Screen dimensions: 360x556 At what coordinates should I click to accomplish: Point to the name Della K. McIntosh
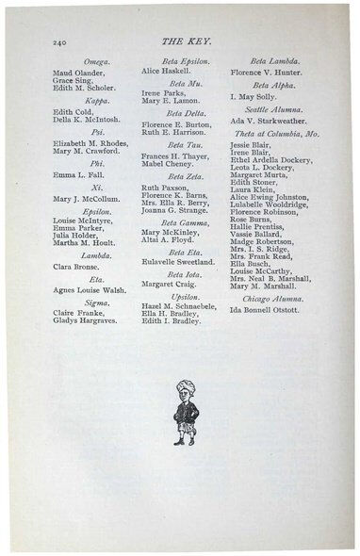pos(86,118)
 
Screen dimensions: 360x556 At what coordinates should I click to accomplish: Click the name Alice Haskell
pos(166,71)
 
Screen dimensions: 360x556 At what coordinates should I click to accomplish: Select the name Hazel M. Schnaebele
pos(180,307)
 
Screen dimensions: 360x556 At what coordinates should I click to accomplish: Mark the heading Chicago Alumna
pos(272,298)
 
